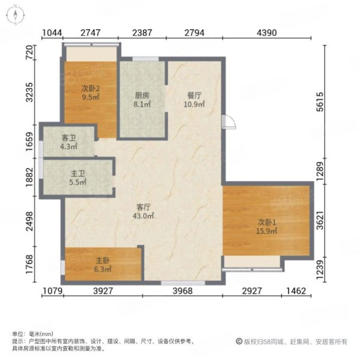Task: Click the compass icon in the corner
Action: click(x=16, y=15)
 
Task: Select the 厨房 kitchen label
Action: click(x=142, y=95)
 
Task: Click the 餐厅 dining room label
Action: click(x=194, y=95)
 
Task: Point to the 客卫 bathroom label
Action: click(x=68, y=138)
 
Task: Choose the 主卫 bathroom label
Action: click(x=78, y=173)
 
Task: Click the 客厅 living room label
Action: click(x=143, y=208)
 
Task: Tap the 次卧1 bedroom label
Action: click(x=267, y=222)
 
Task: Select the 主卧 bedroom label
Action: click(x=103, y=260)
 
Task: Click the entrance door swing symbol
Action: click(x=229, y=122)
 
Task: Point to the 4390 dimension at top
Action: click(x=266, y=33)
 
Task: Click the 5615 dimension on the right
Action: click(x=320, y=102)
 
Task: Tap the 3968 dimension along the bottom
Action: click(x=182, y=291)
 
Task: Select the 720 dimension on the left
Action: click(x=30, y=53)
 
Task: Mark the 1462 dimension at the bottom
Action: click(x=296, y=291)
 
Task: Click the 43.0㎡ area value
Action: click(x=143, y=216)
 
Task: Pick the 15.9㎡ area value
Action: click(x=266, y=231)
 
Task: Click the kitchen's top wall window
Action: click(x=146, y=59)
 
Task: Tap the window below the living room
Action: click(x=183, y=283)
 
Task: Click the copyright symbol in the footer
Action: click(x=239, y=341)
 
